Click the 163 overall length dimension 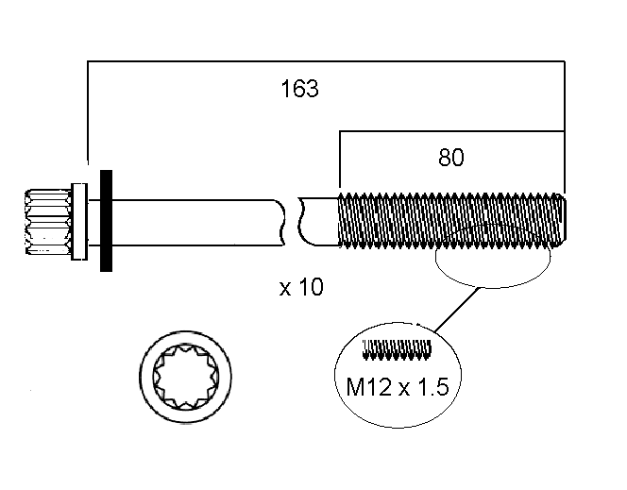(299, 90)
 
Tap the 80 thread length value (451, 158)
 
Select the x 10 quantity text (301, 287)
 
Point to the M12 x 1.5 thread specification (398, 387)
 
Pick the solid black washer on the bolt (106, 222)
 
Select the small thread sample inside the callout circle (397, 350)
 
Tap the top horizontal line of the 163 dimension (326, 62)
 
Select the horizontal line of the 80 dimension (451, 134)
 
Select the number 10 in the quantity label (311, 287)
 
